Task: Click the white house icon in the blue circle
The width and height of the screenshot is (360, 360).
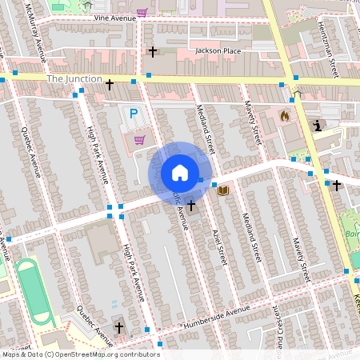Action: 180,173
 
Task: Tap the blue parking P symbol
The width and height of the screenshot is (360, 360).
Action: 134,114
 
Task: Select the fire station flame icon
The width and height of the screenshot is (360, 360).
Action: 284,115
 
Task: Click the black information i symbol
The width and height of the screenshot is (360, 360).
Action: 318,126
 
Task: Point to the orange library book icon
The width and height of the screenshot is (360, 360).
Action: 223,190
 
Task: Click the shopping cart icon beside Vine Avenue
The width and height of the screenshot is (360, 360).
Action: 142,13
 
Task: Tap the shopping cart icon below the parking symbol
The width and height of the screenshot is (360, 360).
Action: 139,140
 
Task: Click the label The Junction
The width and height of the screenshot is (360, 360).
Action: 74,79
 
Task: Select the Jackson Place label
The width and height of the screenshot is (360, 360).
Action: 218,51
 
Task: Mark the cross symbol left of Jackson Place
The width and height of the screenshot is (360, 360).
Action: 152,52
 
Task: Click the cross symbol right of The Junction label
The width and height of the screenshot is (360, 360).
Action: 110,83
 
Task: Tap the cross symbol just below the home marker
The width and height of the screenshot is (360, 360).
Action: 192,206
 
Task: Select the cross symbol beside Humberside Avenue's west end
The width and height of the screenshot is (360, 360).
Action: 119,328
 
